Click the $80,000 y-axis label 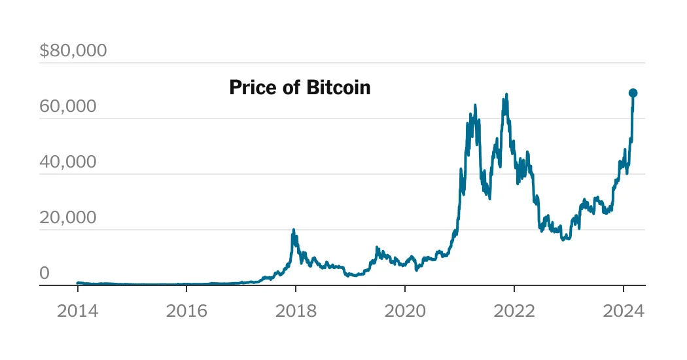tap(73, 50)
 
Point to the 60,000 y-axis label tap(67, 106)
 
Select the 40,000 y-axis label tap(67, 162)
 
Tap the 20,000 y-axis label tap(67, 217)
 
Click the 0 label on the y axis tap(44, 273)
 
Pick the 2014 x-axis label tap(77, 311)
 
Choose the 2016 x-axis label tap(186, 311)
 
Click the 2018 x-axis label tap(296, 311)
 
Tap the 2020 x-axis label tap(405, 311)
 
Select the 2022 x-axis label tap(514, 311)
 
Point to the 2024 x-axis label tap(624, 311)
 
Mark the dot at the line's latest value tap(633, 93)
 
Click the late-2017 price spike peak tap(294, 230)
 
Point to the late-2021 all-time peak tap(506, 94)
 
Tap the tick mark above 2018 tap(296, 288)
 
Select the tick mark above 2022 tap(514, 288)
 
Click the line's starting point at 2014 tap(77, 283)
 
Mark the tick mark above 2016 tap(186, 288)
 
